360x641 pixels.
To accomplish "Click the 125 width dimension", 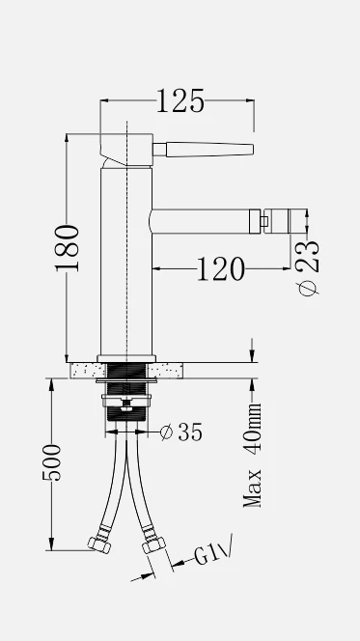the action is [180, 101].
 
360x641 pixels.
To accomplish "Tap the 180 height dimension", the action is [68, 248].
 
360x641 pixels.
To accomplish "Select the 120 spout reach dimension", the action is [221, 269].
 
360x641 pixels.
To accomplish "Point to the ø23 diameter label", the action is [309, 267].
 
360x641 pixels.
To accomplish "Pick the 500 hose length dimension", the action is [52, 462].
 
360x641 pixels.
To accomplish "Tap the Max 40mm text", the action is [252, 456].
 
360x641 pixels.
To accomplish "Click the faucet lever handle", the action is [204, 150].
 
